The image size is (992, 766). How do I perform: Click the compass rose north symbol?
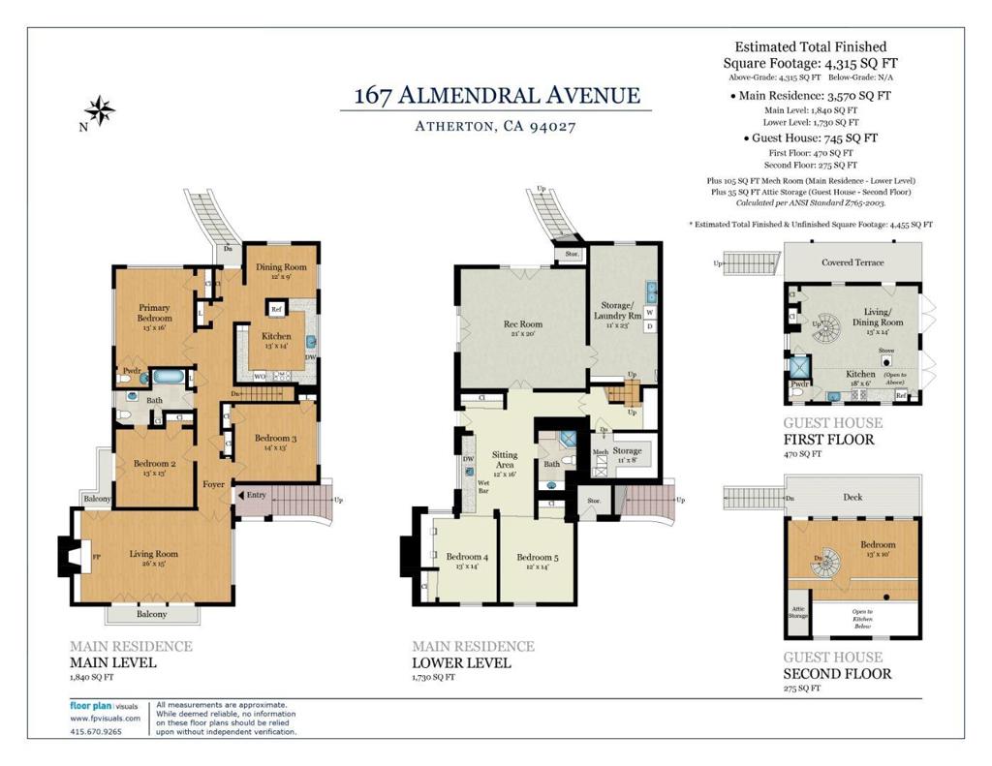(99, 110)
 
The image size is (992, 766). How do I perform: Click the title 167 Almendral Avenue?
(496, 95)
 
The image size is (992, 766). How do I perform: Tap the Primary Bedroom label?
(154, 313)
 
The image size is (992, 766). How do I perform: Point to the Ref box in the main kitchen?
(276, 310)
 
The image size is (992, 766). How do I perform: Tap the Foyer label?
(213, 484)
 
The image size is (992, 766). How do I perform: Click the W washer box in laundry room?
(649, 313)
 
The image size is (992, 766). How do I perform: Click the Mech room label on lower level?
(600, 452)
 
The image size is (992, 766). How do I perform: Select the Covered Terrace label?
(852, 262)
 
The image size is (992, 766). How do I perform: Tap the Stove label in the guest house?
(885, 351)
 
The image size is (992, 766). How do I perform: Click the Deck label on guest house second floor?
(852, 497)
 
